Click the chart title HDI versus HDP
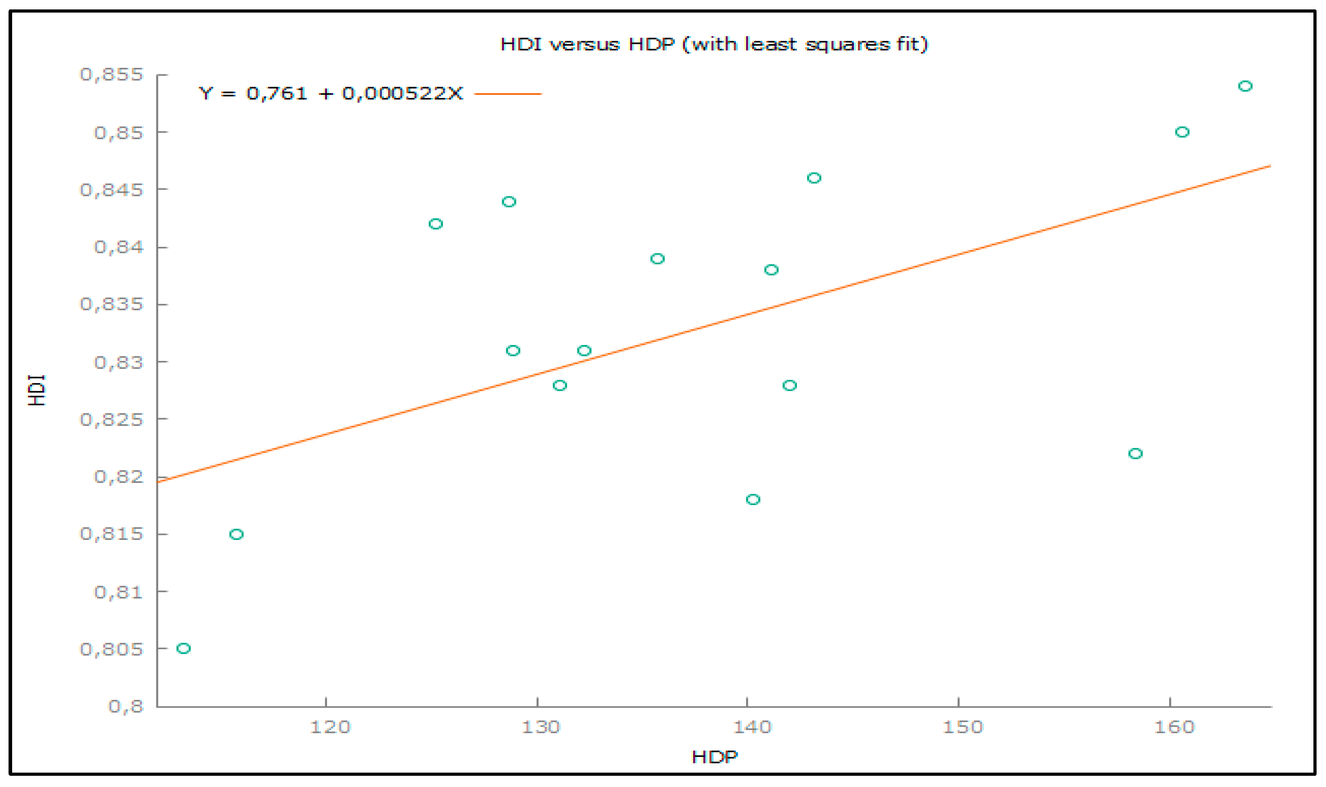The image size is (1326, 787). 714,44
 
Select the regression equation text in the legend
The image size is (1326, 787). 330,94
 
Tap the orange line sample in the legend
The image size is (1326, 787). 508,94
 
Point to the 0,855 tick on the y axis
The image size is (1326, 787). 111,74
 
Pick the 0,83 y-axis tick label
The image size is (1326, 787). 119,363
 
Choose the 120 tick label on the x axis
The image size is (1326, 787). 330,726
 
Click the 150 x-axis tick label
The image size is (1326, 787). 962,726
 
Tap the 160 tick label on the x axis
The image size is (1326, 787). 1174,726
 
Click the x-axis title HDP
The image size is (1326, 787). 714,757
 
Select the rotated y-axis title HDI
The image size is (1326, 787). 37,390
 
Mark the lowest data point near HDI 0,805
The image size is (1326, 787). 183,648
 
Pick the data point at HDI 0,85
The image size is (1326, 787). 1182,132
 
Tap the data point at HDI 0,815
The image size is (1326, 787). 236,534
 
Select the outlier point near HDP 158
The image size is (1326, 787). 1135,453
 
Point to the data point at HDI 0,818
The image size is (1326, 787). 753,500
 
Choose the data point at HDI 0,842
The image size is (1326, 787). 436,224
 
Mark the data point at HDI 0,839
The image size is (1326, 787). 658,259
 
